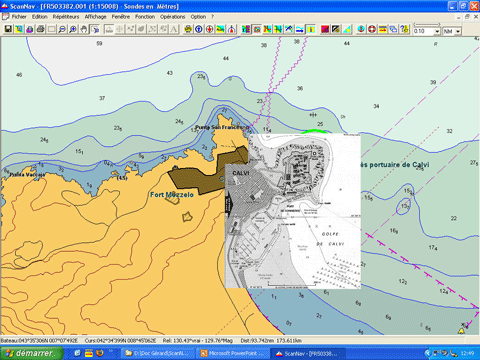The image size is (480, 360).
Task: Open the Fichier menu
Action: click(19, 17)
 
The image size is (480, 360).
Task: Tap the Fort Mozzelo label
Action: click(171, 194)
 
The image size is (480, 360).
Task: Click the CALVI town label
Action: click(241, 172)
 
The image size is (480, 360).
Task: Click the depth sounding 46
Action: click(19, 75)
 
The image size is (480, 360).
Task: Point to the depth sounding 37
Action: click(102, 97)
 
